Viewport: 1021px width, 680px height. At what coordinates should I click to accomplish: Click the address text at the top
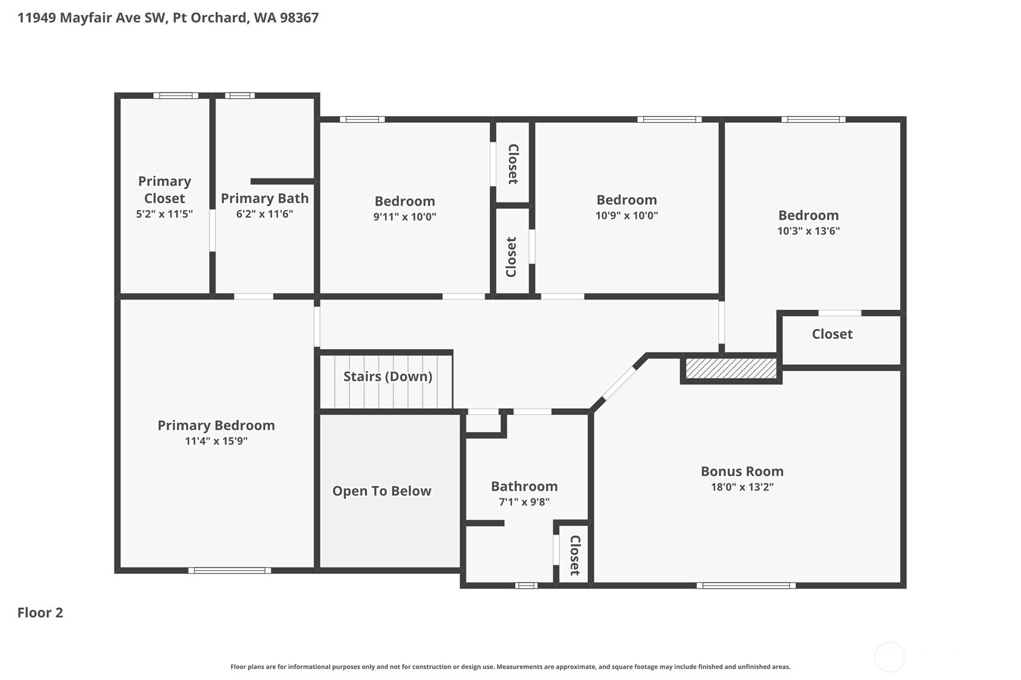(x=168, y=17)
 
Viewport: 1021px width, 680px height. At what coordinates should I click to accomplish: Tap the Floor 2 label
(x=40, y=613)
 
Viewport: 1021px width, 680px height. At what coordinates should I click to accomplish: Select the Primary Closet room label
(x=164, y=189)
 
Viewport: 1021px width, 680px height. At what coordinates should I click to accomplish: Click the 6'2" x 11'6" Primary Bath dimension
(x=264, y=214)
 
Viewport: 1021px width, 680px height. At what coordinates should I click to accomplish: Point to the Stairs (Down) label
(x=387, y=376)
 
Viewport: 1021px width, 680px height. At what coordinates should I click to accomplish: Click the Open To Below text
(x=381, y=491)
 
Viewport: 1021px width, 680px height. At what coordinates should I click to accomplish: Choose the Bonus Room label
(x=742, y=471)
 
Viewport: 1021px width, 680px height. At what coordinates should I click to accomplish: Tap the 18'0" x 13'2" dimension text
(x=742, y=487)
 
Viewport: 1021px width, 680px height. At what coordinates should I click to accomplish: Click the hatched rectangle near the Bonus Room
(x=731, y=369)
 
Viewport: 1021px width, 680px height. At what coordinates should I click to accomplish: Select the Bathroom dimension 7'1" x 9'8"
(x=524, y=502)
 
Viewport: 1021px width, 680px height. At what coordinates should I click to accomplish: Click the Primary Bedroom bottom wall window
(x=229, y=571)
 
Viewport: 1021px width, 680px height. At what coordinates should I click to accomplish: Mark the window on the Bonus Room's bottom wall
(x=746, y=586)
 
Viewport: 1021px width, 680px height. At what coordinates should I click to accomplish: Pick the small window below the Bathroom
(x=526, y=586)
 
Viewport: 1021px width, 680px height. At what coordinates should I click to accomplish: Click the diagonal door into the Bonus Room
(x=619, y=384)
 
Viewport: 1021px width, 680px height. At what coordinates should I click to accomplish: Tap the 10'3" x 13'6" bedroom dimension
(x=808, y=231)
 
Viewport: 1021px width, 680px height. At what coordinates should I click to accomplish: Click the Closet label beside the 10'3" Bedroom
(x=832, y=334)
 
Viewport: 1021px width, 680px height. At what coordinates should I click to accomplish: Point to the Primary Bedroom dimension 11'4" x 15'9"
(x=216, y=441)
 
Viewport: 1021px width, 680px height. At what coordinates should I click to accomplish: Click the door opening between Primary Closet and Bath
(x=212, y=230)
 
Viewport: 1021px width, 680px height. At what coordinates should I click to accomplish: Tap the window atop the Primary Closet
(x=175, y=96)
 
